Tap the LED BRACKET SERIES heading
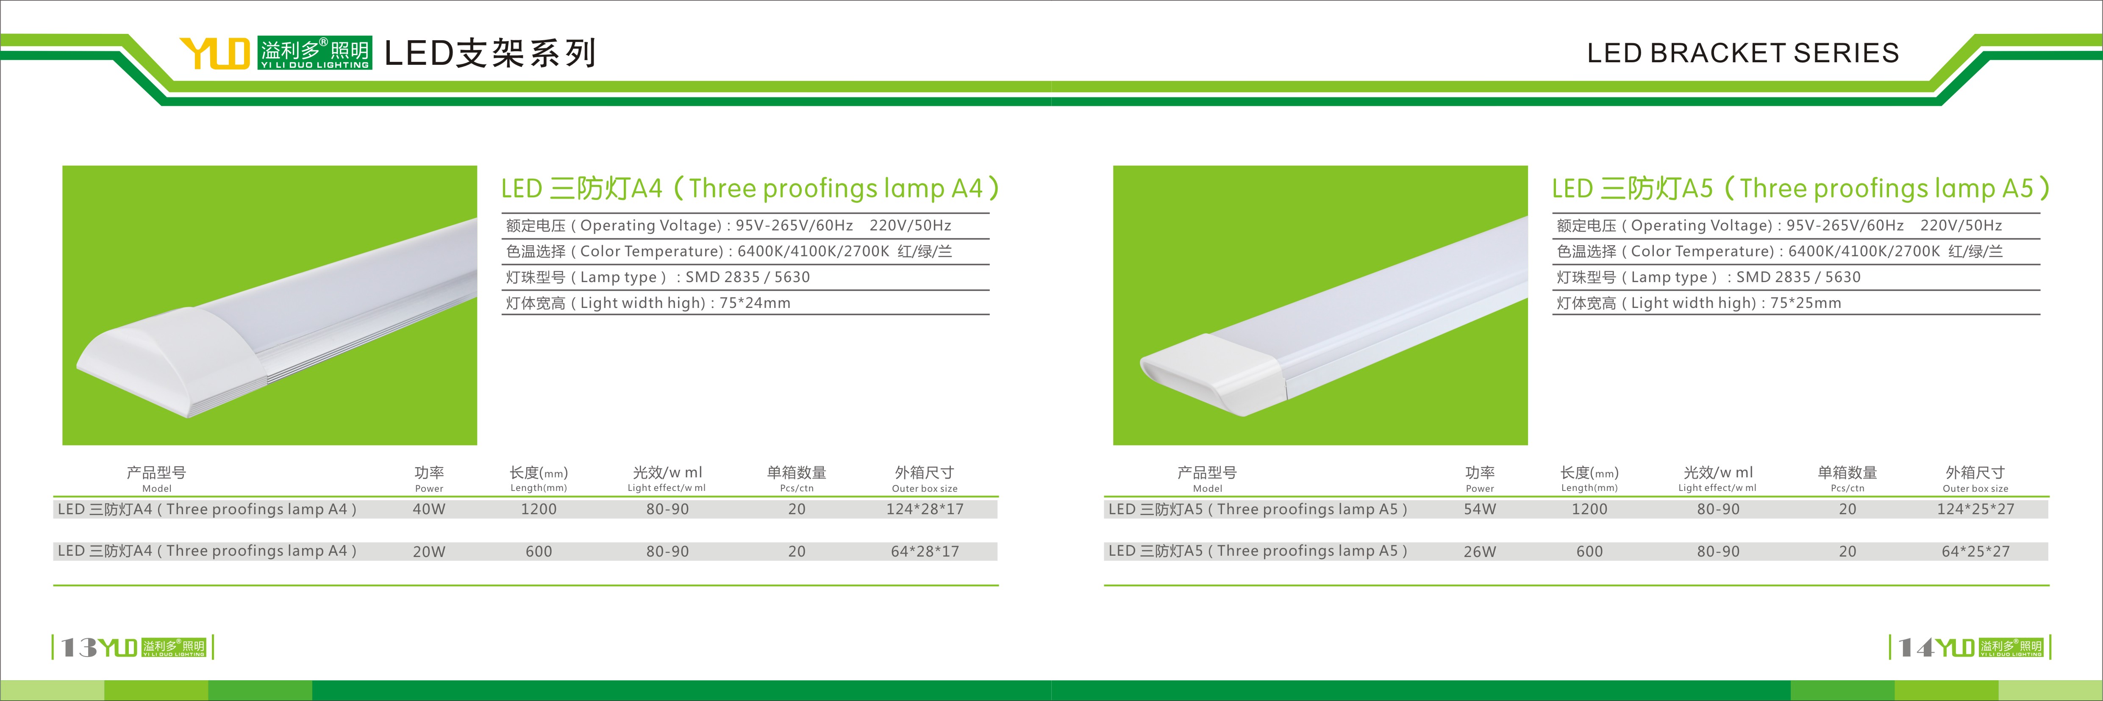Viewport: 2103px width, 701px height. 1743,53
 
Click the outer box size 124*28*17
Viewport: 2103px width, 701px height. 925,509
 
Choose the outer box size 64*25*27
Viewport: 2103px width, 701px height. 1975,551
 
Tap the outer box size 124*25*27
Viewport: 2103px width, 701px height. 1975,509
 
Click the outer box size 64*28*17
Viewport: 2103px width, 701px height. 925,551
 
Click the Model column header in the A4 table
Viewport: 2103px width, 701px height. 157,489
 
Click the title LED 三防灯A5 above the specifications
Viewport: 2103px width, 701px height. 1632,188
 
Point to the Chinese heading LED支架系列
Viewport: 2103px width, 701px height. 490,53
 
